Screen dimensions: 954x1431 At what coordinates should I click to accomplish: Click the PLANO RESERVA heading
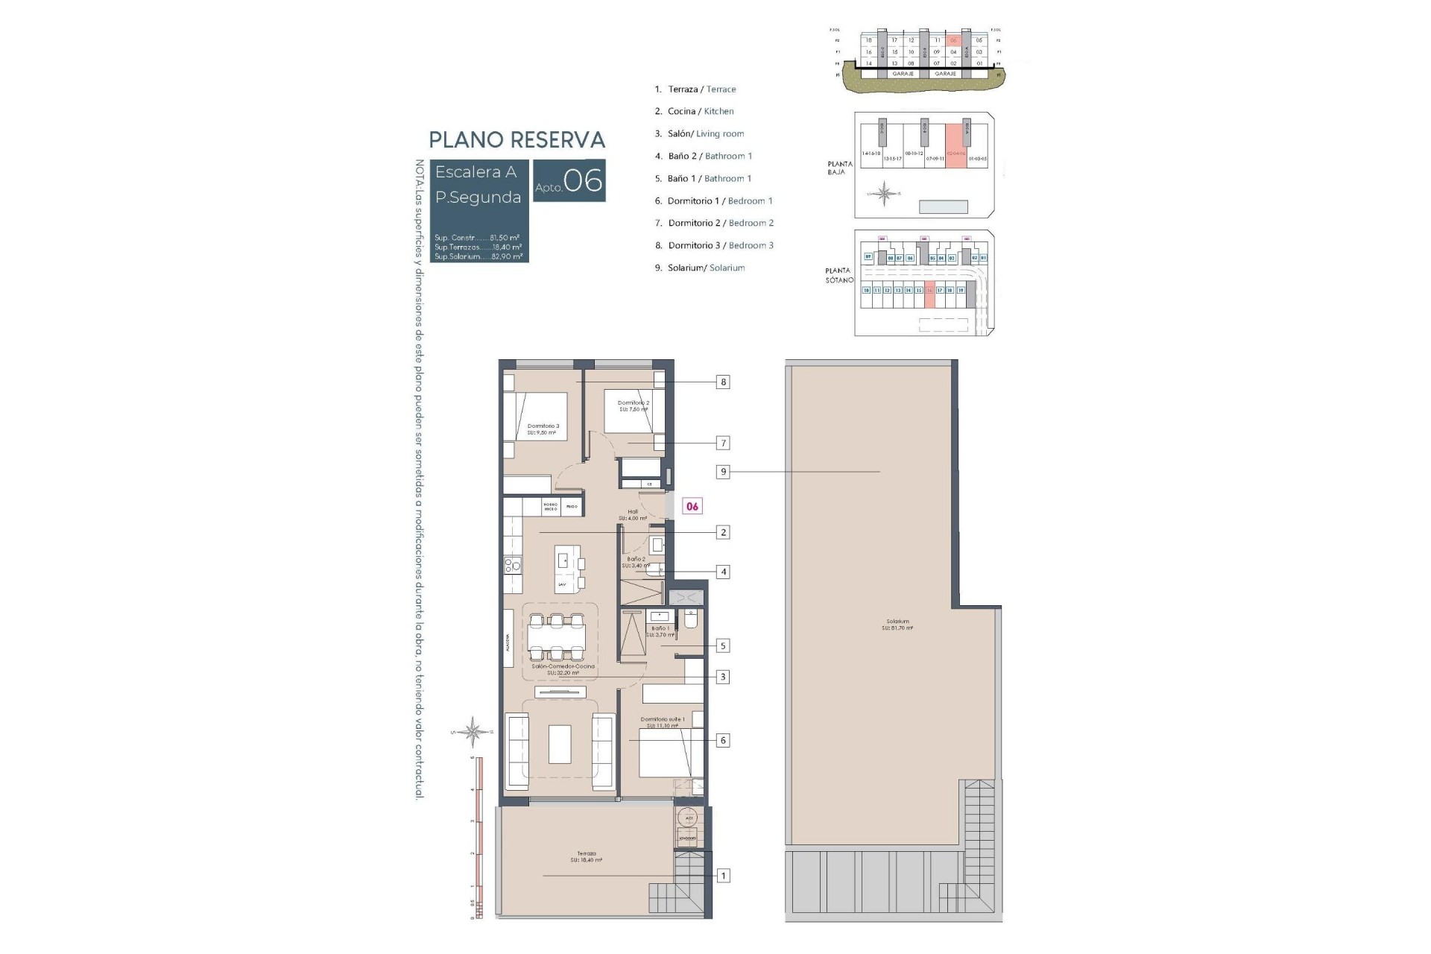pos(517,140)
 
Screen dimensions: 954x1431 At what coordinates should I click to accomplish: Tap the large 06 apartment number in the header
pos(583,180)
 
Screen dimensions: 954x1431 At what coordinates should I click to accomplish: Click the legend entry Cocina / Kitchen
pos(694,111)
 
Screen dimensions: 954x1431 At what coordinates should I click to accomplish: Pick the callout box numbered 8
pos(722,382)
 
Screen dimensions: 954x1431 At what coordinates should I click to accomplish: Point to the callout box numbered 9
pos(722,472)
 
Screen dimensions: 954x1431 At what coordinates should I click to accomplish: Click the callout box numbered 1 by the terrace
pos(722,876)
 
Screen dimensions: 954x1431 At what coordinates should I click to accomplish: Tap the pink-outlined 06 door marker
pos(692,506)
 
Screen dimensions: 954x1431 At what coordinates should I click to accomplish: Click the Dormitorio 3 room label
pos(543,429)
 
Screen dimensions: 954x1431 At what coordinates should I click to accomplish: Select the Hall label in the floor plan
pos(632,514)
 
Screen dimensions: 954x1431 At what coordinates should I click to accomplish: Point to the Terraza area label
pos(586,856)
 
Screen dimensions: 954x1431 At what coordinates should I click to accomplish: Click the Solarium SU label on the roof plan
pos(897,625)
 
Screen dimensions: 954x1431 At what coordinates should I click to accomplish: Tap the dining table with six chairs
pos(556,636)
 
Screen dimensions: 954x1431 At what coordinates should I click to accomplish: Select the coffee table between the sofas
pos(560,744)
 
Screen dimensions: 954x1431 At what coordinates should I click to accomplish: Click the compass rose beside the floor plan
pos(473,732)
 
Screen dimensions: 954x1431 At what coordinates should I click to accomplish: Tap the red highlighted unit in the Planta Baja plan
pos(955,146)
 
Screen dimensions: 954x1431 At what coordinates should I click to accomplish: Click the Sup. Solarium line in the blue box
pos(478,256)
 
